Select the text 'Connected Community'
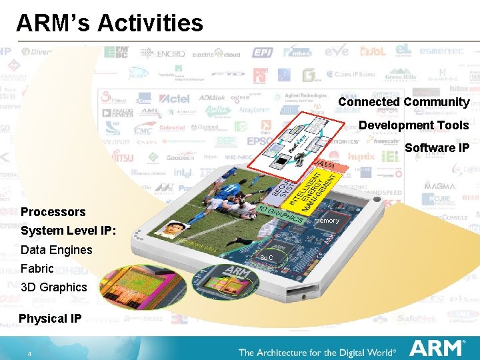point(403,102)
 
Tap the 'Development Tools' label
point(413,125)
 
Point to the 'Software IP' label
point(437,148)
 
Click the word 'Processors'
point(53,212)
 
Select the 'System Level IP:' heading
point(69,231)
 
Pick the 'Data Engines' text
point(57,250)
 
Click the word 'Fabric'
point(37,269)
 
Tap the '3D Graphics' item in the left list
point(54,287)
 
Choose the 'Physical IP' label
point(50,319)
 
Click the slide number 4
point(29,353)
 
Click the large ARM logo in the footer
point(437,349)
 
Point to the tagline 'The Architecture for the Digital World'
point(317,352)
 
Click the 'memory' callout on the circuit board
point(327,221)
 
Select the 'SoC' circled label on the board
point(267,257)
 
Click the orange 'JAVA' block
point(325,164)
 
